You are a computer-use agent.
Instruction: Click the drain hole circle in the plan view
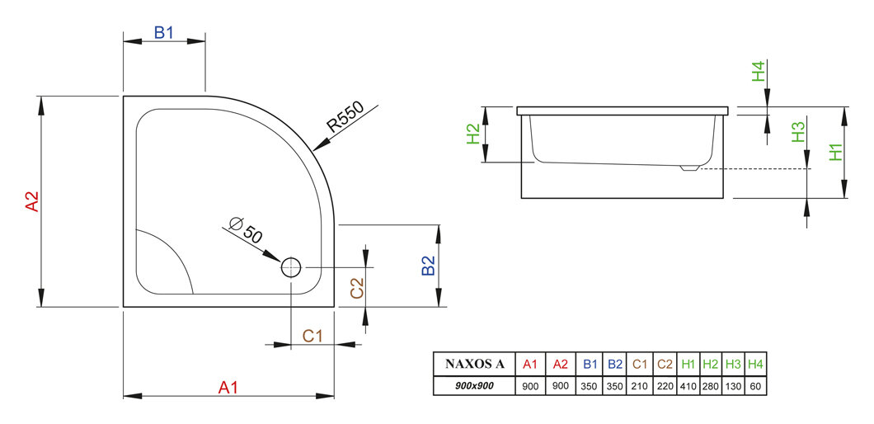click(x=292, y=267)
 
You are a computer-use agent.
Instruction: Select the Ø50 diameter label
click(x=247, y=229)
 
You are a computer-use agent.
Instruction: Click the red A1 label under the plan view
click(x=228, y=386)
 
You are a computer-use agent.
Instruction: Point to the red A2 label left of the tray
click(x=31, y=202)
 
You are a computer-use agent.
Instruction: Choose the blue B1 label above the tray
click(x=164, y=33)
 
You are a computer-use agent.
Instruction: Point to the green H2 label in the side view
click(x=472, y=134)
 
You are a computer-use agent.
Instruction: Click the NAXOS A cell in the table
click(x=475, y=364)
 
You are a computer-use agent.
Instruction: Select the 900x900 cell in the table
click(x=475, y=385)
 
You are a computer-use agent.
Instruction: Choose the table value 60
click(x=756, y=385)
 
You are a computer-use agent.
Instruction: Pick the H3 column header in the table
click(x=734, y=364)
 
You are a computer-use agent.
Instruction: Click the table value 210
click(x=640, y=385)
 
